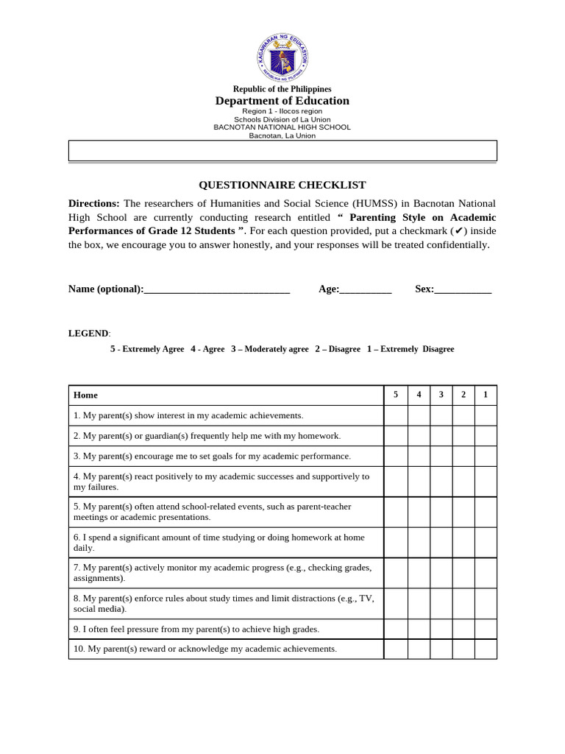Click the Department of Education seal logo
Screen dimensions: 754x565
pos(282,57)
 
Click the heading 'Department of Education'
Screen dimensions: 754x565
pos(282,101)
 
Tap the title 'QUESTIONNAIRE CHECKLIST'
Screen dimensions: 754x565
pos(282,186)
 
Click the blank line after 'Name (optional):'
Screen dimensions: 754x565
pos(217,290)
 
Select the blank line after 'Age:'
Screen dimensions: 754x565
pos(366,290)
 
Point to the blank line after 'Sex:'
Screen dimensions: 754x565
pos(463,290)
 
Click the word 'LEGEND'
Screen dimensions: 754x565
pos(88,334)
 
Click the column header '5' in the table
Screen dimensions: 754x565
pos(396,395)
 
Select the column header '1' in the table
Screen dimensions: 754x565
pos(486,395)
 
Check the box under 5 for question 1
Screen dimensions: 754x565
pos(396,416)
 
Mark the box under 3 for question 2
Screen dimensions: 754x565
pos(441,436)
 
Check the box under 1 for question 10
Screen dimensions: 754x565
pos(486,649)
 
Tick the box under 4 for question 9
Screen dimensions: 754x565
pos(419,629)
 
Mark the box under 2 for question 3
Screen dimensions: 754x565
pos(463,456)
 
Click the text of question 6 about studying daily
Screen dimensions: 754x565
pos(218,543)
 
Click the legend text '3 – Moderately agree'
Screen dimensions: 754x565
pos(269,349)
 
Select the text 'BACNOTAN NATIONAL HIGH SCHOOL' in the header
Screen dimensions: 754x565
pos(282,127)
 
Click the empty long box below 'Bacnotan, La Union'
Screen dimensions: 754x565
pos(282,151)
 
